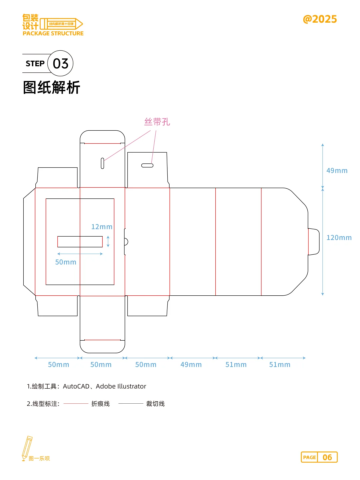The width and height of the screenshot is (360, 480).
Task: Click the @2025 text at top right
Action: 320,19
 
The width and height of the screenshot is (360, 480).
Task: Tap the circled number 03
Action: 60,63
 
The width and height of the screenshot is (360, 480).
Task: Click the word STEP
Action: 35,63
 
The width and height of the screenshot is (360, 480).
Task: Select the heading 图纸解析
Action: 52,88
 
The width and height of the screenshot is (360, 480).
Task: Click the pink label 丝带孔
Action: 157,122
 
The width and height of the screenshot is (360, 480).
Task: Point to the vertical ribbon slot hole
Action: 102,163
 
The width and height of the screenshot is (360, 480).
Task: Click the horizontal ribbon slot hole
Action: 147,165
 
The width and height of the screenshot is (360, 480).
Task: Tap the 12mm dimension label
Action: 102,227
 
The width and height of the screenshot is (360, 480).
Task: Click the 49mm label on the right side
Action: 337,171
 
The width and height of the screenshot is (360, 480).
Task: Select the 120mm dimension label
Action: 339,238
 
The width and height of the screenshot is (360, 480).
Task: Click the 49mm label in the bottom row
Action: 191,365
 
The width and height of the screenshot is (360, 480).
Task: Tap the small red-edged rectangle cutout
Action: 80,242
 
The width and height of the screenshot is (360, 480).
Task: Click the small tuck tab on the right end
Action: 314,242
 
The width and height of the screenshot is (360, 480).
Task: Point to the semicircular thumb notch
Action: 126,242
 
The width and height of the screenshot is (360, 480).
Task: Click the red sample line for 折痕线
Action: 76,404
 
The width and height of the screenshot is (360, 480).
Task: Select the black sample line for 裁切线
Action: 131,404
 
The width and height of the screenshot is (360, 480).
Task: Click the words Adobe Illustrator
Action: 121,386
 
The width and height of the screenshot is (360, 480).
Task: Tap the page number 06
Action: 327,457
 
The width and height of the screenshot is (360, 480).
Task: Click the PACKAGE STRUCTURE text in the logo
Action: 53,33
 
